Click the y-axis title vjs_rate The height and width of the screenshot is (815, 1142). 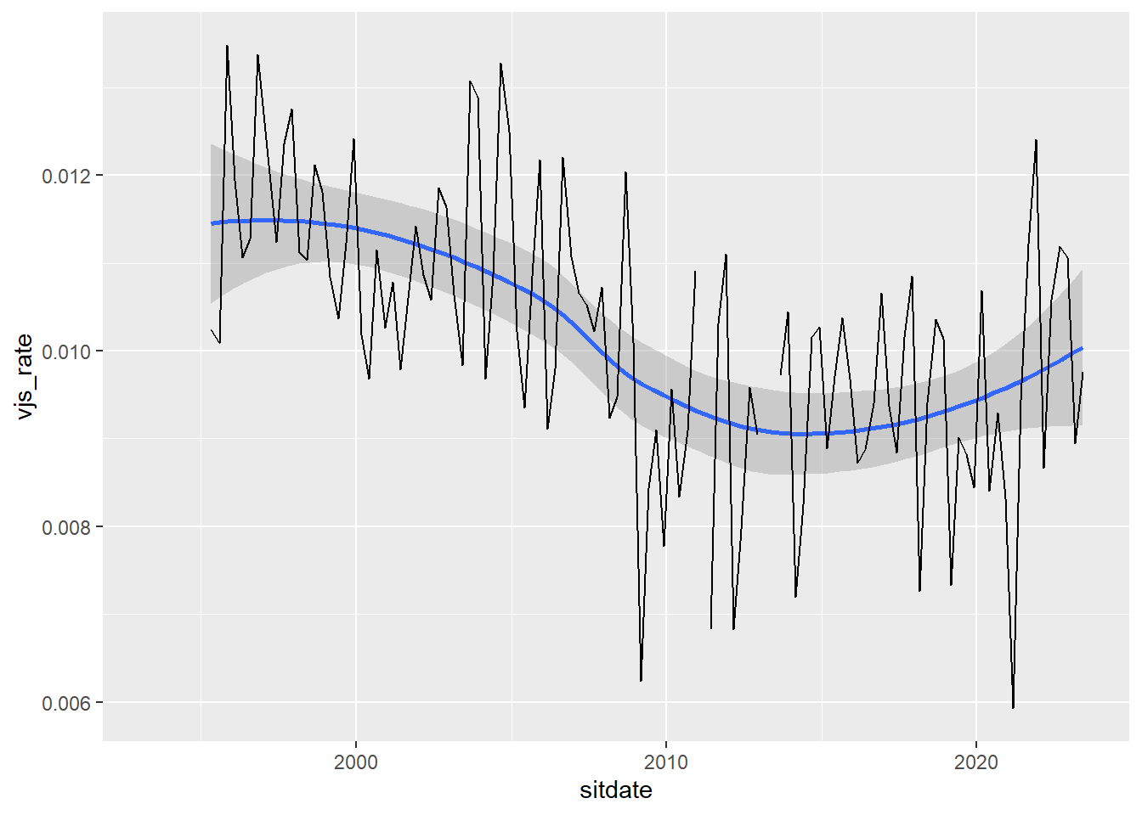[25, 376]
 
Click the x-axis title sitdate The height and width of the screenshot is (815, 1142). [616, 790]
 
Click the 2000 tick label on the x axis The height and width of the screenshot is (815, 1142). [356, 762]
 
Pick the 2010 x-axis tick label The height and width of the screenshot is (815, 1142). [666, 762]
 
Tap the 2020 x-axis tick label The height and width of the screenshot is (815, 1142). [976, 762]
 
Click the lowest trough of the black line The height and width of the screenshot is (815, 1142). [1013, 707]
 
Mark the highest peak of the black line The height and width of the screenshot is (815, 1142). [227, 46]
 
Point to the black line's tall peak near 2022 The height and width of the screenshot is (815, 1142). [1036, 140]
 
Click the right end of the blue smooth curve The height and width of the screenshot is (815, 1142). [1083, 348]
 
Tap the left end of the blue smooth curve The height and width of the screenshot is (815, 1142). [212, 223]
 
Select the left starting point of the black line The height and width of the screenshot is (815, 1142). [212, 329]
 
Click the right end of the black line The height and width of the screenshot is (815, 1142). [1083, 373]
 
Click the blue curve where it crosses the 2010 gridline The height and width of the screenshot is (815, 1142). [666, 396]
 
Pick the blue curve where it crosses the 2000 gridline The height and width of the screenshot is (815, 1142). [356, 228]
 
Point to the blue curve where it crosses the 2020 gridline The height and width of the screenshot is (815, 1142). [976, 400]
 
